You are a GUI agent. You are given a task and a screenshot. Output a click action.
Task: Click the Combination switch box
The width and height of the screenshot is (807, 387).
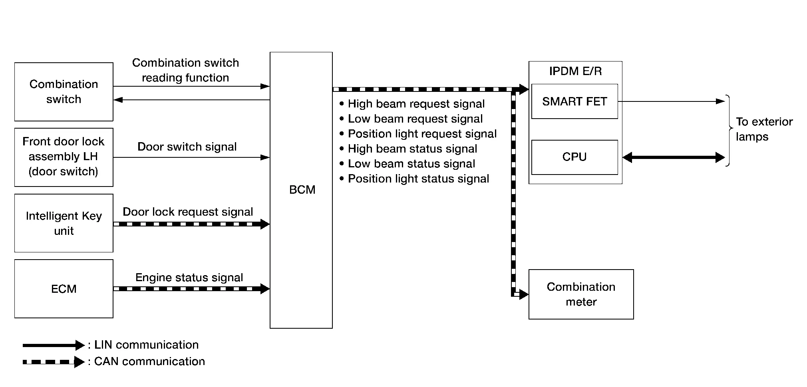(x=64, y=92)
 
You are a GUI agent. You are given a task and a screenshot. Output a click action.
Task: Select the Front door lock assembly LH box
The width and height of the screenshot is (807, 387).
(x=64, y=157)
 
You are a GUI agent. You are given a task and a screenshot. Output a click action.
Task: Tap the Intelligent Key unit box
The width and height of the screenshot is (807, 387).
(x=64, y=223)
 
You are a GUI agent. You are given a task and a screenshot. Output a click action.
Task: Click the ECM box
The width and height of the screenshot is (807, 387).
(x=64, y=289)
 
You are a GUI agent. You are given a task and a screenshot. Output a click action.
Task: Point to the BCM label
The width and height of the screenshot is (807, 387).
(x=302, y=190)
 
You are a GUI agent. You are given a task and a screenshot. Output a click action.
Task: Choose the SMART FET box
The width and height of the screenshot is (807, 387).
(x=574, y=101)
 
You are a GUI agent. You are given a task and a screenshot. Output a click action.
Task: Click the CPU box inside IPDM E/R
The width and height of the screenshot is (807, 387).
(x=574, y=157)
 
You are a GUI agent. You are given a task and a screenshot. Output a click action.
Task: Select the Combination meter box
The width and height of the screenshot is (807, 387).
(x=581, y=294)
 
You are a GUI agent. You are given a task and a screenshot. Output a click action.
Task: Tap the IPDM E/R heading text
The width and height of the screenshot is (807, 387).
(x=575, y=71)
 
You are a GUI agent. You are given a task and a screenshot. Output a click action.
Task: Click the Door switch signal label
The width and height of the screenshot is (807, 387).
(x=187, y=147)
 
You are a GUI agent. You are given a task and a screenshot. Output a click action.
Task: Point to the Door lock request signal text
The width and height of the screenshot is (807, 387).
(x=188, y=212)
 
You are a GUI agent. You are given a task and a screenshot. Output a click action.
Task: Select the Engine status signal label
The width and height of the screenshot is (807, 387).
(x=189, y=278)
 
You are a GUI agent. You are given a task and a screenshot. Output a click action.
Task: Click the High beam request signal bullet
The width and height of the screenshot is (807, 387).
(x=416, y=104)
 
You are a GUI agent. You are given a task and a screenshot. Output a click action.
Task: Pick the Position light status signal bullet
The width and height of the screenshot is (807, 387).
(x=418, y=179)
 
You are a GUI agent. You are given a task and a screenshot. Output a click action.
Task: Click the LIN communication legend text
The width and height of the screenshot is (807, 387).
(x=146, y=345)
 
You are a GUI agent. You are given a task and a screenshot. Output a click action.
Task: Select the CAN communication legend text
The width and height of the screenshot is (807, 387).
(x=149, y=361)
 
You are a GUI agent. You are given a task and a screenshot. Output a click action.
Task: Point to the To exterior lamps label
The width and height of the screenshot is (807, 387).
(x=764, y=129)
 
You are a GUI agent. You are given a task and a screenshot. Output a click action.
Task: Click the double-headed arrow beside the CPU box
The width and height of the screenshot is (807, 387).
(x=674, y=157)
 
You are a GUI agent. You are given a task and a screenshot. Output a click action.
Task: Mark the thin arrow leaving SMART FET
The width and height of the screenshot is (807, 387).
(x=671, y=101)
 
